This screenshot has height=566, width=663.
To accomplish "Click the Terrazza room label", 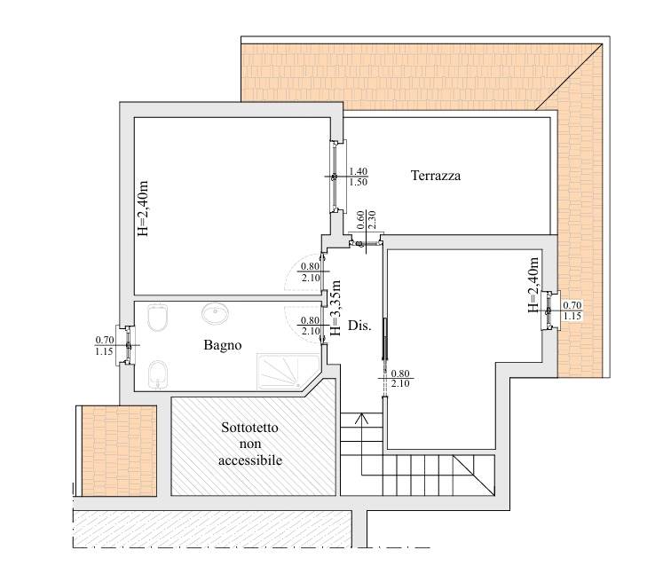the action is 436,176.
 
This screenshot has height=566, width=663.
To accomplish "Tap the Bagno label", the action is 223,345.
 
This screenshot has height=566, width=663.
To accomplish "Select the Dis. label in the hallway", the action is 359,326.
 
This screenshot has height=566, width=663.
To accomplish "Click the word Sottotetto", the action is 249,428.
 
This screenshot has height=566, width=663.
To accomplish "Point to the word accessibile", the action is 250,460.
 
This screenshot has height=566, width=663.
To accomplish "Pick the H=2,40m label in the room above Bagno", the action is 143,208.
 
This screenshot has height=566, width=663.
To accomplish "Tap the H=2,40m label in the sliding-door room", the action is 533,285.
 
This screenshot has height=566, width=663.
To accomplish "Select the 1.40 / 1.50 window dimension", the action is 358,177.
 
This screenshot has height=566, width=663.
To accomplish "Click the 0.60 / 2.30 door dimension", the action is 367,220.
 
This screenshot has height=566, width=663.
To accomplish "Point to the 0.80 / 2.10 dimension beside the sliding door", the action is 400,378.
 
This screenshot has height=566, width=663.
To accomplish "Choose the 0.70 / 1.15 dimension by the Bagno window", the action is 105,345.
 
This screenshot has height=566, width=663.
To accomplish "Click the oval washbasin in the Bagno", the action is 216,314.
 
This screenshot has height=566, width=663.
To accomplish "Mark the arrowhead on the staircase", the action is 361,419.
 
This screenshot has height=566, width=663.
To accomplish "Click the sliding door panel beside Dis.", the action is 385,339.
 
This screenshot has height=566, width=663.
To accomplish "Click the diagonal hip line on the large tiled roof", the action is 569,76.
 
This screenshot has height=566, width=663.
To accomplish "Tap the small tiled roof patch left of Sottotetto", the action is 119,451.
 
